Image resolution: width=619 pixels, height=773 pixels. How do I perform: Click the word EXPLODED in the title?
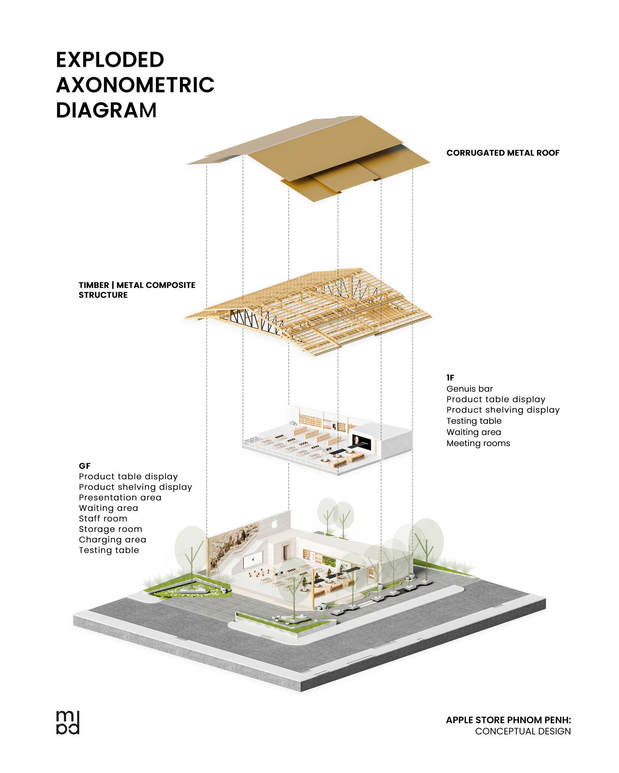click(x=110, y=60)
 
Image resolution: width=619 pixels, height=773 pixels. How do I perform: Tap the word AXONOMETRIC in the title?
click(x=135, y=85)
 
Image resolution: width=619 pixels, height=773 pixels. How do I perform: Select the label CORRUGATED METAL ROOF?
click(x=503, y=153)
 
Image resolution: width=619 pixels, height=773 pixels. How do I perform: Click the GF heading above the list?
click(x=85, y=466)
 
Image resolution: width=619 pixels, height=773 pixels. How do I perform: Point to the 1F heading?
click(x=450, y=378)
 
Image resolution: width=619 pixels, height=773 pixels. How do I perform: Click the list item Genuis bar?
click(x=469, y=389)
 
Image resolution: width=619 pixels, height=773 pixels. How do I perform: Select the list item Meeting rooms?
click(x=478, y=443)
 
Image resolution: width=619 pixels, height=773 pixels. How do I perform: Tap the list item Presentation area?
click(x=120, y=497)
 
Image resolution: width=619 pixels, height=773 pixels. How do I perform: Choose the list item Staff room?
click(x=103, y=519)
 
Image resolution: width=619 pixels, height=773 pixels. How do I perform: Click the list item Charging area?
click(x=112, y=540)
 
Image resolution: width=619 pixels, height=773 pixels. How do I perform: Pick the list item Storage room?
click(x=110, y=529)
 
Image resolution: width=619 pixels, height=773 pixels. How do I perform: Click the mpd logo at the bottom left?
click(x=68, y=723)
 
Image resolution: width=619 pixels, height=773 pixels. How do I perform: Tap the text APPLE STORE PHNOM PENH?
click(x=508, y=720)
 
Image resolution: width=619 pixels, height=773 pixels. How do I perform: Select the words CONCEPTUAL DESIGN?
click(x=523, y=731)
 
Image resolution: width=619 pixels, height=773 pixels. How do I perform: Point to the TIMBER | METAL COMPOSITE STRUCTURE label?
click(x=137, y=290)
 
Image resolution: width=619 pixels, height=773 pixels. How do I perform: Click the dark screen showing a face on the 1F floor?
click(x=356, y=440)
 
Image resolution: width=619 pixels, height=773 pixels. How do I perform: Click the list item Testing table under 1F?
click(x=474, y=421)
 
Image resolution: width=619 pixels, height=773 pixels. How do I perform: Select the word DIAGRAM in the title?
click(x=106, y=110)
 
